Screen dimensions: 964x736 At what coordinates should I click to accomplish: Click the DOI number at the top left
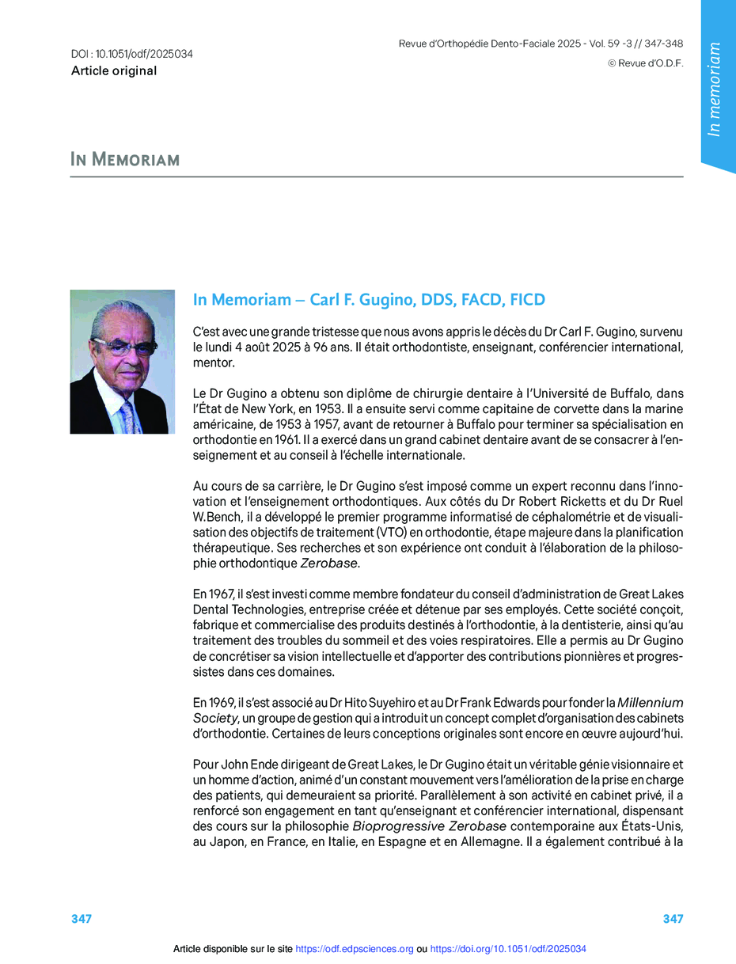(x=132, y=55)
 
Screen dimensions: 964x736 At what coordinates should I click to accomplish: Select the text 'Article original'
(x=113, y=71)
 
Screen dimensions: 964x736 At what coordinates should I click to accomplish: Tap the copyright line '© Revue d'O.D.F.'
(x=645, y=63)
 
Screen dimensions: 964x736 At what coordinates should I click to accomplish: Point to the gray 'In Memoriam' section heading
(x=125, y=160)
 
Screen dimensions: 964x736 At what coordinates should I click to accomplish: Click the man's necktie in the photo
(x=127, y=415)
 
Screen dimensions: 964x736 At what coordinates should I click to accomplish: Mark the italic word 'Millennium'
(x=650, y=702)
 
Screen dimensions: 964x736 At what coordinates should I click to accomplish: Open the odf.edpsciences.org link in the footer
(x=355, y=949)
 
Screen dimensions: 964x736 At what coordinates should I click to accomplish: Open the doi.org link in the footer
(x=508, y=949)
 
